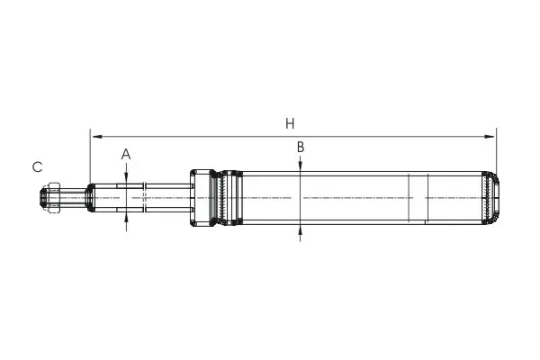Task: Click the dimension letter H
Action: click(290, 123)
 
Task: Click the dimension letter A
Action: click(126, 154)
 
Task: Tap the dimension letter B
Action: click(301, 147)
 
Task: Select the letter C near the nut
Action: click(37, 167)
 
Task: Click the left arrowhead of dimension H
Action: click(97, 137)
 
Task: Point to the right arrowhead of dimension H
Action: click(490, 137)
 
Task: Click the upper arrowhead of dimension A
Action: click(126, 177)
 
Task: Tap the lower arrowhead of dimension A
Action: click(126, 217)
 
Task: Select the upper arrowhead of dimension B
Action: click(301, 166)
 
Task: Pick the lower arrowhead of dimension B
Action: click(301, 230)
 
